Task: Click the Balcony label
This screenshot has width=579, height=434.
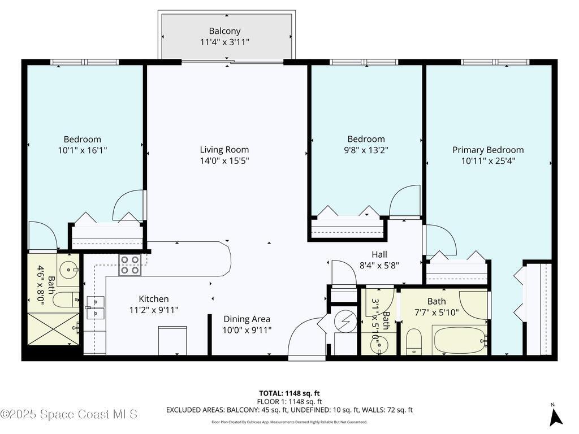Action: pyautogui.click(x=224, y=31)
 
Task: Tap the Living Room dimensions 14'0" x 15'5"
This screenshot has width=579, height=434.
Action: pyautogui.click(x=224, y=160)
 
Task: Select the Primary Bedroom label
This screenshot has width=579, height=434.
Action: pyautogui.click(x=488, y=150)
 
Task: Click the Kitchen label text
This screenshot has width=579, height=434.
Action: pyautogui.click(x=154, y=299)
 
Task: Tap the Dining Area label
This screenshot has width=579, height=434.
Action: pyautogui.click(x=247, y=319)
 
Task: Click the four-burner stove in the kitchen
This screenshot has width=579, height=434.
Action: pyautogui.click(x=129, y=265)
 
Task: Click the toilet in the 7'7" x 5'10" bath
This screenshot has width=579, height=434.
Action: pyautogui.click(x=414, y=342)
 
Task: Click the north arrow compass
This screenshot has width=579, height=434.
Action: pyautogui.click(x=556, y=416)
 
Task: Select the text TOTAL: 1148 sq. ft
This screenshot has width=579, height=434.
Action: pyautogui.click(x=289, y=393)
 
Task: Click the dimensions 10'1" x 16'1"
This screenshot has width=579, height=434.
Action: pyautogui.click(x=83, y=150)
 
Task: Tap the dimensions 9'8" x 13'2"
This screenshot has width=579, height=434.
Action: pyautogui.click(x=366, y=150)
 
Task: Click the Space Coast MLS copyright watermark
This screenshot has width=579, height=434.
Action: pyautogui.click(x=69, y=414)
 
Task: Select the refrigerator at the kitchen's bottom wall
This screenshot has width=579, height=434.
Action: pyautogui.click(x=172, y=341)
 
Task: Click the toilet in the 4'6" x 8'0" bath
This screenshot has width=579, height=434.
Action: pyautogui.click(x=67, y=300)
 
